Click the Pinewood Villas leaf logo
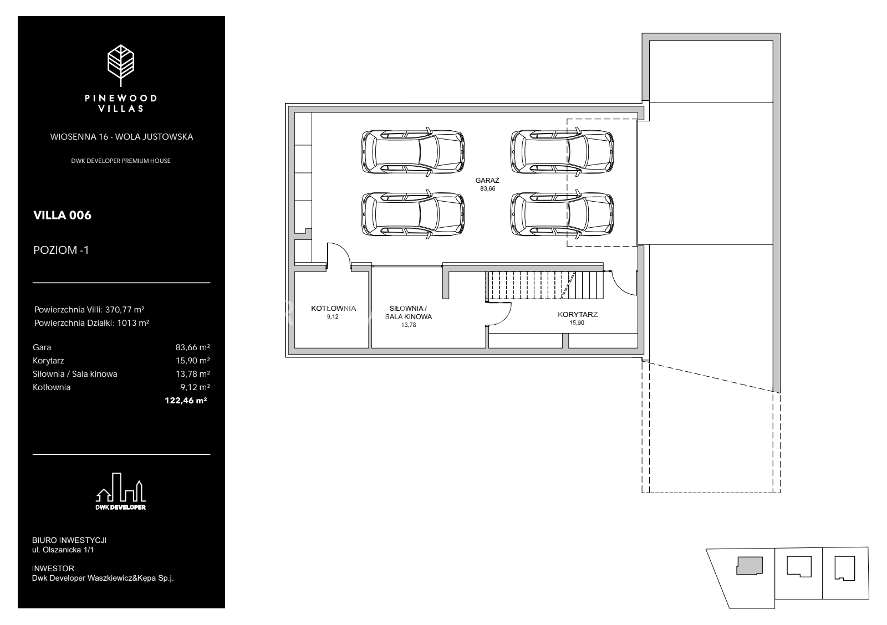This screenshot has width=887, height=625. pyautogui.click(x=121, y=65)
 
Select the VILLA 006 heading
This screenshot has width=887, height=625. pyautogui.click(x=62, y=216)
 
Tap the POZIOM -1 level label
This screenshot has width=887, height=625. pyautogui.click(x=61, y=250)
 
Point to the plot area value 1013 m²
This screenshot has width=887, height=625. pyautogui.click(x=133, y=323)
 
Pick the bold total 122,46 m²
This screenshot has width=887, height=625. pyautogui.click(x=186, y=401)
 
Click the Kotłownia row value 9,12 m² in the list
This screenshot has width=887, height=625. pyautogui.click(x=195, y=387)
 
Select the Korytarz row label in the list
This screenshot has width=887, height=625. pyautogui.click(x=48, y=361)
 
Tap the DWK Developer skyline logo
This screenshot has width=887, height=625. pyautogui.click(x=121, y=491)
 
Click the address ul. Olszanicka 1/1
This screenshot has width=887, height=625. pyautogui.click(x=63, y=550)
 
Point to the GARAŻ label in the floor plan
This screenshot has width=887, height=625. pyautogui.click(x=487, y=181)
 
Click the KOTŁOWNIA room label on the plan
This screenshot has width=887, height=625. pyautogui.click(x=333, y=308)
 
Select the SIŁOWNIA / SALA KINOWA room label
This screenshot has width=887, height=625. pyautogui.click(x=408, y=312)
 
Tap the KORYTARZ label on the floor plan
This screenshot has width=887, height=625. pyautogui.click(x=577, y=315)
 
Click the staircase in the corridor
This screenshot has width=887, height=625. pyautogui.click(x=544, y=285)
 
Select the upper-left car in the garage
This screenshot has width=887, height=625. pyautogui.click(x=412, y=152)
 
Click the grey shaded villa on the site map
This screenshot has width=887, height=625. pyautogui.click(x=750, y=566)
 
